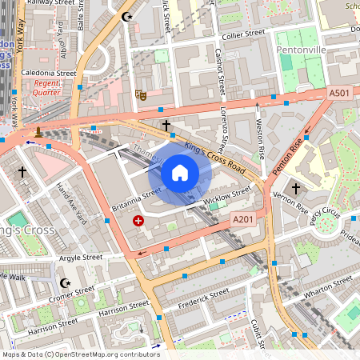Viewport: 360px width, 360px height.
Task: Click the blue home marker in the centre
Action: pos(180,173)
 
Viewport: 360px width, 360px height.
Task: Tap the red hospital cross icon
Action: pos(139,220)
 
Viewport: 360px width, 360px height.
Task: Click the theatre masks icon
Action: pos(142,94)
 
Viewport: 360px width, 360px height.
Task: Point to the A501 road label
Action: pos(340,94)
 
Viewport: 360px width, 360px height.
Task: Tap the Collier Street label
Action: pos(244,34)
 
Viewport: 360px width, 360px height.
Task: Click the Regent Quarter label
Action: pos(47,87)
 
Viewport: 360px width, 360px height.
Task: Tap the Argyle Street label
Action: pos(82,258)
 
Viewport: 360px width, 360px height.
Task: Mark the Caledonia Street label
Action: pos(49,73)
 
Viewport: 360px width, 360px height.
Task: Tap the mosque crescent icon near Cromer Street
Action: pos(66,283)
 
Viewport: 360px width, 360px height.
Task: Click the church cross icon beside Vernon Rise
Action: pos(295,189)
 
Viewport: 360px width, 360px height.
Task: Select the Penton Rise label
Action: pos(289,157)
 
